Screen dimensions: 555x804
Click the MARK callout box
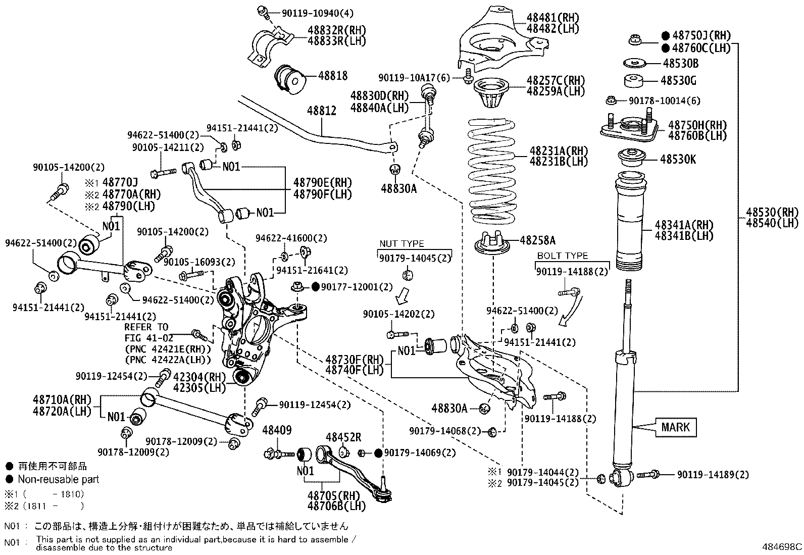[x=675, y=427]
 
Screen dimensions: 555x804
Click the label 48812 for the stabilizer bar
[x=322, y=111]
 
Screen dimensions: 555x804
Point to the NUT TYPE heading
[x=401, y=244]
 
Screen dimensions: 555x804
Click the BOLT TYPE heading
[x=562, y=256]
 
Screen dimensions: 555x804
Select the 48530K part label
[x=678, y=160]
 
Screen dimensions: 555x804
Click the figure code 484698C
[x=782, y=546]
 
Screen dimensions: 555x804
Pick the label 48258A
[x=537, y=241]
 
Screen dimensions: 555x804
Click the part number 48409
[x=277, y=430]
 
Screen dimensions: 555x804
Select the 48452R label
[x=343, y=437]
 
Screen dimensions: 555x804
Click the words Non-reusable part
[x=59, y=479]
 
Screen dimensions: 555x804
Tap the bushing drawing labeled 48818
[x=290, y=79]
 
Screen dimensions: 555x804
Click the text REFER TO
[x=146, y=327]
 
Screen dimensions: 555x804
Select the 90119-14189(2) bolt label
[x=713, y=475]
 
